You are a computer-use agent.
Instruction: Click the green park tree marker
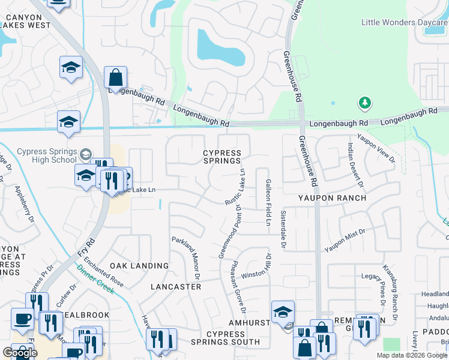(364, 104)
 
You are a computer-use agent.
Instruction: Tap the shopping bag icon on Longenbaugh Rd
(115, 78)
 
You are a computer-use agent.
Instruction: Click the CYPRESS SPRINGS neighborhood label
(222, 157)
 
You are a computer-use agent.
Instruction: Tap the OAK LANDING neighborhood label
(139, 265)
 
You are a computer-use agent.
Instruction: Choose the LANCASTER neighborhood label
(176, 287)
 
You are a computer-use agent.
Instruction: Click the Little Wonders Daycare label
(405, 22)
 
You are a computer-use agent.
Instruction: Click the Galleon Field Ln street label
(268, 202)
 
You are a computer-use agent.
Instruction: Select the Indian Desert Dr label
(355, 164)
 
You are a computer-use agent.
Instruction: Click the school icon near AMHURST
(283, 311)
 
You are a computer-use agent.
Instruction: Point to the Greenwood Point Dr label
(229, 232)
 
